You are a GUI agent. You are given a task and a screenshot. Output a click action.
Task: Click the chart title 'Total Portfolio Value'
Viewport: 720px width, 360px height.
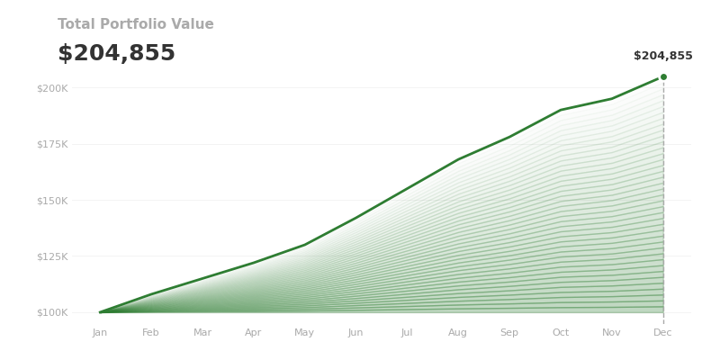click(x=136, y=24)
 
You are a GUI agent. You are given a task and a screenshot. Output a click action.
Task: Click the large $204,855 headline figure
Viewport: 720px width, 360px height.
click(x=116, y=54)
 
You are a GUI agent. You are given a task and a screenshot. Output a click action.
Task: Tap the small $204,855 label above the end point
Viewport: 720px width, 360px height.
click(x=662, y=56)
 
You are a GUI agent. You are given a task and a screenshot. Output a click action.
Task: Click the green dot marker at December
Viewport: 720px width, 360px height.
click(x=663, y=76)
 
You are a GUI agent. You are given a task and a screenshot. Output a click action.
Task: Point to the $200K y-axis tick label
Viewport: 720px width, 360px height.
click(x=52, y=88)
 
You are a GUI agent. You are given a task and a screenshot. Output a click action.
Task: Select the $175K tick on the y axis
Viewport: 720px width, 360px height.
click(x=52, y=144)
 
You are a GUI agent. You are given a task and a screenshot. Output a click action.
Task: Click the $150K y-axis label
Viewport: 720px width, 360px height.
click(x=52, y=200)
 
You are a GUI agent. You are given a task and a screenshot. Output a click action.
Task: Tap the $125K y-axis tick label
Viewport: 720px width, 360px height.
click(x=52, y=256)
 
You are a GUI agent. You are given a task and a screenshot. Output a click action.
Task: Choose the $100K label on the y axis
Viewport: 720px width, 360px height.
click(x=52, y=312)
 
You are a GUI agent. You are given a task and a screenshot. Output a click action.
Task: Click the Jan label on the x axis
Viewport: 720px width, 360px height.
click(x=100, y=333)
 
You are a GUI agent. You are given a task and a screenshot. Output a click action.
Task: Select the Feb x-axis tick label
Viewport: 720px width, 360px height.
click(x=151, y=333)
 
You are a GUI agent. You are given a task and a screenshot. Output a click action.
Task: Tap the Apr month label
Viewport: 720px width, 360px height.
click(x=254, y=333)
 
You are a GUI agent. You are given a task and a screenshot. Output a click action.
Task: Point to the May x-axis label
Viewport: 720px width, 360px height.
click(x=304, y=333)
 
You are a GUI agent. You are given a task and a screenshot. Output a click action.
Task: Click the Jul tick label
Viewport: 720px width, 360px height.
click(x=407, y=333)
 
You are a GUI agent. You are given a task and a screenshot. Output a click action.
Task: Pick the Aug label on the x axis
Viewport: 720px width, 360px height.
click(x=458, y=333)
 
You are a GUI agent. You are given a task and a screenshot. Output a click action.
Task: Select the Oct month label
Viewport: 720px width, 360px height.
click(x=561, y=333)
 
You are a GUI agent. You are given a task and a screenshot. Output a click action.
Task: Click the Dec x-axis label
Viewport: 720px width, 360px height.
click(x=663, y=333)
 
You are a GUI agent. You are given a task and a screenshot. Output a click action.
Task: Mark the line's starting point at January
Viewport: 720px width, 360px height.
click(x=100, y=312)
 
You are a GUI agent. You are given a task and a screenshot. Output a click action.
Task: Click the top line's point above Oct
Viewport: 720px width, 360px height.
click(x=561, y=110)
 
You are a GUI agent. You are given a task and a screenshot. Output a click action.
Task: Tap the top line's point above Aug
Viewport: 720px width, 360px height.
click(x=458, y=159)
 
